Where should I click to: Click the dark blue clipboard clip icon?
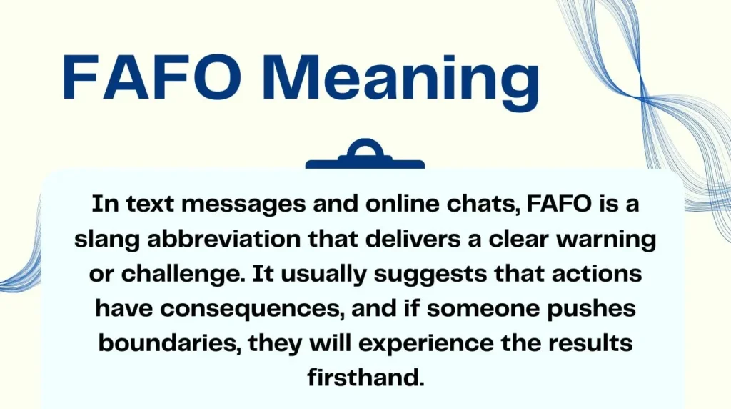(365, 157)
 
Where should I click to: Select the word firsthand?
(365, 377)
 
